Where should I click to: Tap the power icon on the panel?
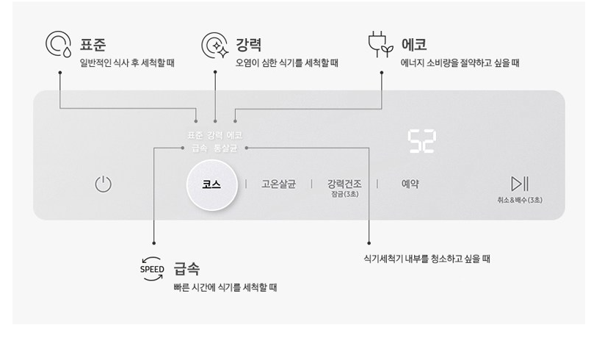click(x=104, y=184)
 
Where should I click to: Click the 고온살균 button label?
click(x=278, y=184)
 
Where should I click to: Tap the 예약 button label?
click(x=410, y=184)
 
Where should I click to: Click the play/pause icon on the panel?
click(x=520, y=184)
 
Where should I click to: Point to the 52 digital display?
click(x=421, y=142)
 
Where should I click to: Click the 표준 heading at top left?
click(x=93, y=44)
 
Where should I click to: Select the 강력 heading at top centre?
click(x=250, y=44)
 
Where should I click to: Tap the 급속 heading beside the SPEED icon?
click(x=187, y=269)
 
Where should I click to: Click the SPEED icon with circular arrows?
click(x=152, y=270)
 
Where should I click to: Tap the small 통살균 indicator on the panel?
click(x=225, y=148)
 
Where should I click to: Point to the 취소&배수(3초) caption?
click(x=520, y=200)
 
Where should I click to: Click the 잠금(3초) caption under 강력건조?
click(x=344, y=194)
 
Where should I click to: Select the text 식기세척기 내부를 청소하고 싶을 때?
click(x=427, y=259)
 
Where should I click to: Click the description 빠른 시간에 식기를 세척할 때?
click(x=225, y=287)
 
